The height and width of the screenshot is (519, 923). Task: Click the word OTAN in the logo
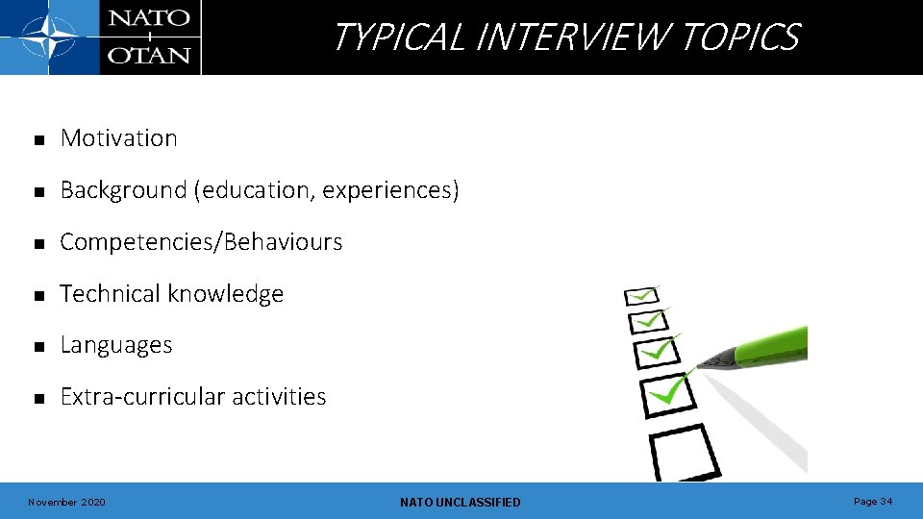(x=148, y=54)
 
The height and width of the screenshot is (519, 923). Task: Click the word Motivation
(x=118, y=138)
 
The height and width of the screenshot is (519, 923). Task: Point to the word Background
(x=124, y=190)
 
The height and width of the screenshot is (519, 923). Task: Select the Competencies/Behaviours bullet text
(x=201, y=242)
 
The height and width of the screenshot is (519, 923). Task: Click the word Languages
(x=116, y=346)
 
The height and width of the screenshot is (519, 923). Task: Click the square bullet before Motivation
(x=38, y=140)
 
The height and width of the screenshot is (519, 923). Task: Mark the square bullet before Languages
(x=38, y=347)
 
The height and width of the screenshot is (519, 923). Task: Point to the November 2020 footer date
(x=66, y=503)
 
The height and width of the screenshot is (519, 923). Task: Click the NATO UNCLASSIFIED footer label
(x=460, y=503)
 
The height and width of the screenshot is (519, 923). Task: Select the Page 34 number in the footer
(x=873, y=502)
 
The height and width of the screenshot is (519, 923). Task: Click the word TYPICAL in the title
(x=399, y=37)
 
